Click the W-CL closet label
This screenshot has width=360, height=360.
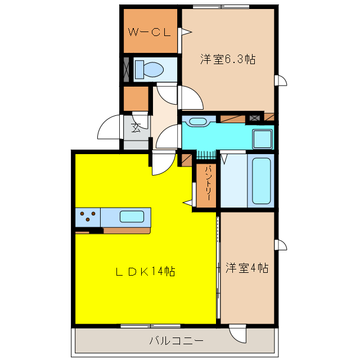149,32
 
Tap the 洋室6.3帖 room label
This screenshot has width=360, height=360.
228,59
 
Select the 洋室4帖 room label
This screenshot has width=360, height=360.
247,268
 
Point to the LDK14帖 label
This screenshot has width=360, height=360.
146,272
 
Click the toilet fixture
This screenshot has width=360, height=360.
150,69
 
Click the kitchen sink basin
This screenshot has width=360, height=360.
132,216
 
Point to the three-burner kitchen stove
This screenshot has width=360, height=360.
88,217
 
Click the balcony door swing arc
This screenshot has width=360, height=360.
238,336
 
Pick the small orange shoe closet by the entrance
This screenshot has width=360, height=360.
135,99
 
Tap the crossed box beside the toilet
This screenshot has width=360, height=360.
127,69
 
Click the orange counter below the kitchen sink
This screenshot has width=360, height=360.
127,230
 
